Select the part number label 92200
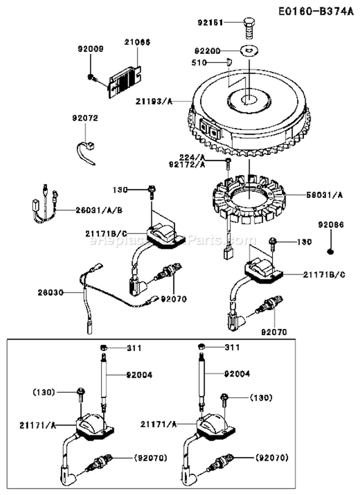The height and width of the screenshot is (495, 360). point(208,49)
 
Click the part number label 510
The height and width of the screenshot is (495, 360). point(212,62)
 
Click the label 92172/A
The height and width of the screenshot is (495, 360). point(194,164)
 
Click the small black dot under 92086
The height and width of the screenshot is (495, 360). point(331,251)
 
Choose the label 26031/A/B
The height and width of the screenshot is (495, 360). point(98,210)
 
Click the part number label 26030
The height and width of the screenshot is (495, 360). point(49,291)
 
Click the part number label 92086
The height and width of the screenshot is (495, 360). point(331,224)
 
